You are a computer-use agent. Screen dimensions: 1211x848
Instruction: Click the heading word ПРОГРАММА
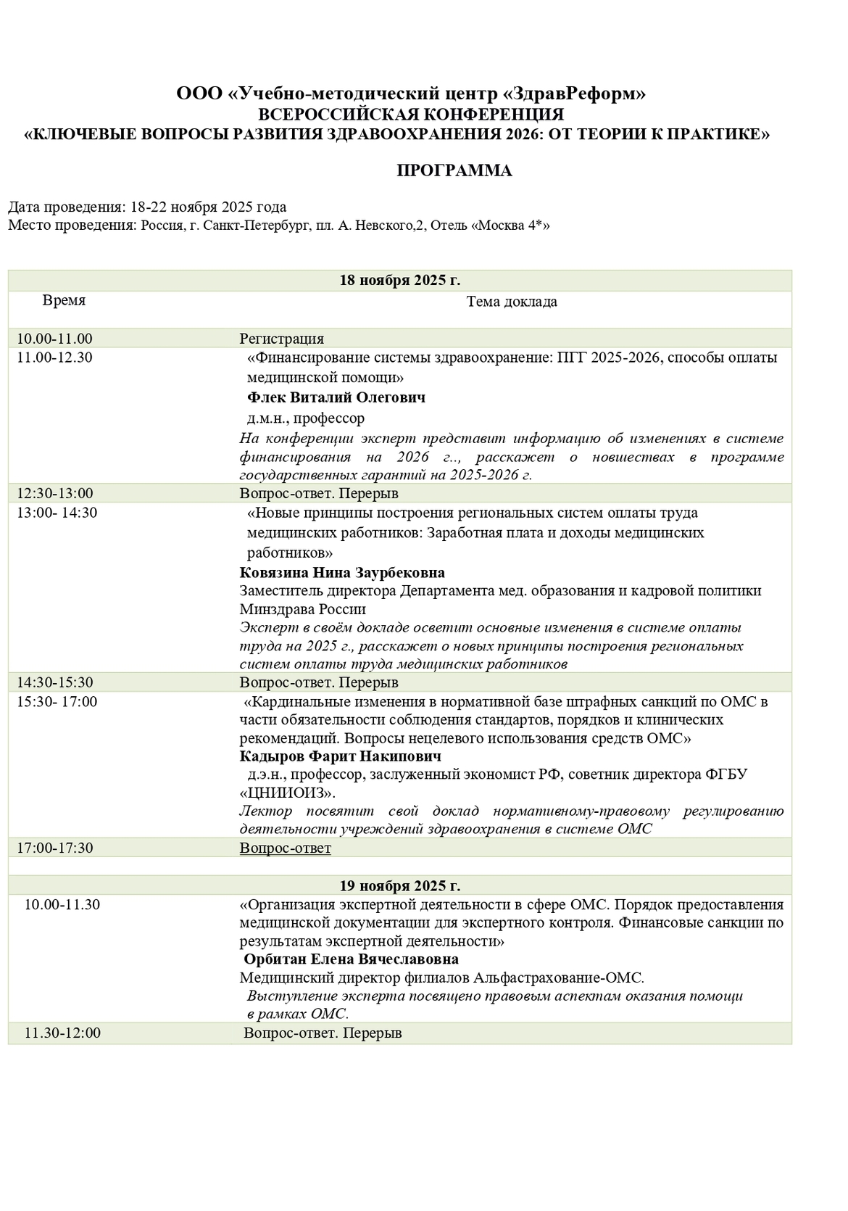pyautogui.click(x=454, y=171)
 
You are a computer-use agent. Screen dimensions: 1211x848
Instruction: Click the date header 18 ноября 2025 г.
pyautogui.click(x=400, y=281)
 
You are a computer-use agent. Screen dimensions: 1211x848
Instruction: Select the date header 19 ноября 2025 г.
pyautogui.click(x=400, y=885)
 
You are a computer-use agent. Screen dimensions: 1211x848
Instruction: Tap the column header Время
pyautogui.click(x=64, y=300)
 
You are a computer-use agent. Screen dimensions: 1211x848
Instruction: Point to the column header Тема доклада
pyautogui.click(x=512, y=302)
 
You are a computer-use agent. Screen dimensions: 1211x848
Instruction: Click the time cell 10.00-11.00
pyautogui.click(x=55, y=339)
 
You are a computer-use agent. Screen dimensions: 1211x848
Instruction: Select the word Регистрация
pyautogui.click(x=282, y=339)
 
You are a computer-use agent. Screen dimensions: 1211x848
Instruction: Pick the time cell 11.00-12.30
pyautogui.click(x=55, y=357)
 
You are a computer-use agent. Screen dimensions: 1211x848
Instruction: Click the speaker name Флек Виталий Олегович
pyautogui.click(x=336, y=397)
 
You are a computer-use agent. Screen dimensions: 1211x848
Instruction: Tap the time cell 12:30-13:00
pyautogui.click(x=55, y=493)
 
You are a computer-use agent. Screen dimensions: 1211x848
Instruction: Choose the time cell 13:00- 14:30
pyautogui.click(x=57, y=513)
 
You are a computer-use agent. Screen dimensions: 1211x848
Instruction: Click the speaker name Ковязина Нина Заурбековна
pyautogui.click(x=342, y=573)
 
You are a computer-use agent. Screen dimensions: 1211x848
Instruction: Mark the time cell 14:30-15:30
pyautogui.click(x=55, y=682)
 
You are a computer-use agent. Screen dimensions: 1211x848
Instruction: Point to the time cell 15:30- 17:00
pyautogui.click(x=57, y=701)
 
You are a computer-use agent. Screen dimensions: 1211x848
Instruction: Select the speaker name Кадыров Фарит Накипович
pyautogui.click(x=341, y=756)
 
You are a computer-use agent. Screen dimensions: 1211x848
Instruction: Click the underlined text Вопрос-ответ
pyautogui.click(x=286, y=848)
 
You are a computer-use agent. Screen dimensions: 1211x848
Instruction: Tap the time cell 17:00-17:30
pyautogui.click(x=55, y=848)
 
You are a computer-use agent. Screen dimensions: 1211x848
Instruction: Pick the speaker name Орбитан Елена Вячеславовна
pyautogui.click(x=352, y=959)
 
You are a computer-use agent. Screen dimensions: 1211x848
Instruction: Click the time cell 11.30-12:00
pyautogui.click(x=62, y=1033)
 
